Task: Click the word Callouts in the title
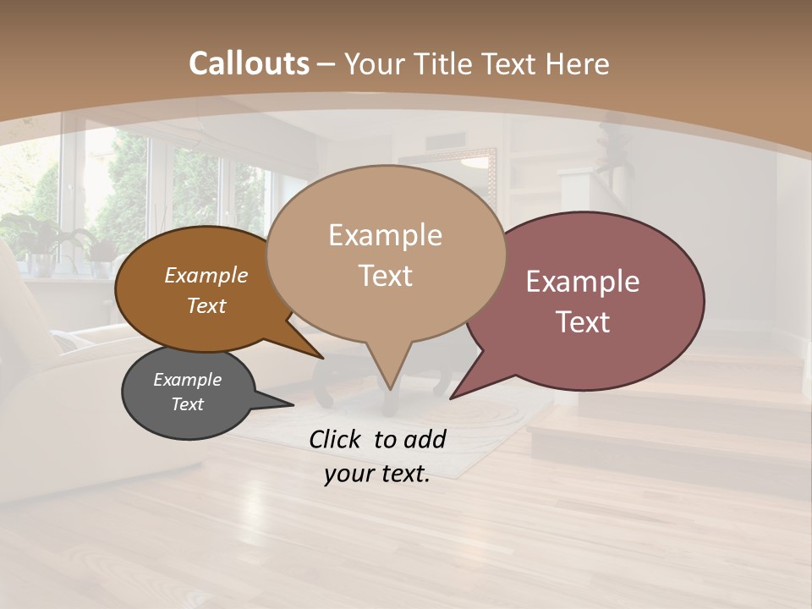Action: (x=249, y=63)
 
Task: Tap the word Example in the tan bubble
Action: (x=385, y=235)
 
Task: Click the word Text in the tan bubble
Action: (x=385, y=275)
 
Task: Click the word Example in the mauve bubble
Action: (x=583, y=282)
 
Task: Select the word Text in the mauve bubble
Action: (x=583, y=321)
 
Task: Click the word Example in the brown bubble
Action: (x=206, y=276)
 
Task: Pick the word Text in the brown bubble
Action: (x=206, y=305)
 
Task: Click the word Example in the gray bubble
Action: (x=187, y=380)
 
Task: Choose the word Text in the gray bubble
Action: (x=187, y=404)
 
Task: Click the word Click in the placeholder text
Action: (x=337, y=439)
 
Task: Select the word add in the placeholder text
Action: (x=425, y=439)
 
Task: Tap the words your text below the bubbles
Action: (x=376, y=475)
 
